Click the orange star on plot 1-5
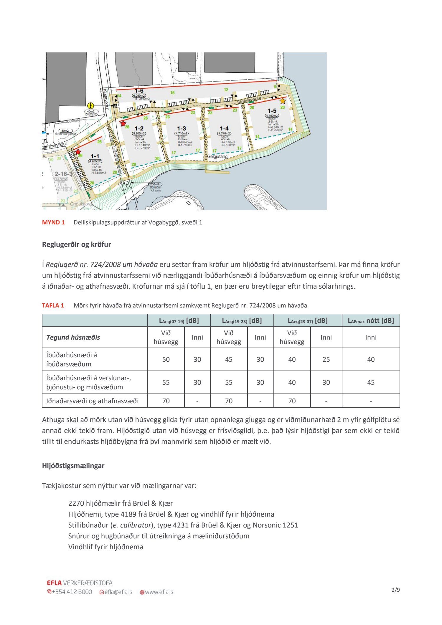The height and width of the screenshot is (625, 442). coord(283,101)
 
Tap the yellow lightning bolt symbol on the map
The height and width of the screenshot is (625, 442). coord(91,106)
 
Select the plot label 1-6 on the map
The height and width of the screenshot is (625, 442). coord(139,91)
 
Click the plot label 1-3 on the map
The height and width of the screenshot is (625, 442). coord(182,128)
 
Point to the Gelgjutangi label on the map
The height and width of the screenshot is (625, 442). coord(218,157)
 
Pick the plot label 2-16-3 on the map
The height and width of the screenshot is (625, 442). coord(63,174)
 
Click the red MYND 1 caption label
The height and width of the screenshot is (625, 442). coord(53,222)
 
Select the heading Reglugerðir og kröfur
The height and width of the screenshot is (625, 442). coord(76,244)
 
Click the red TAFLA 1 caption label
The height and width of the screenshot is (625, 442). coord(53,305)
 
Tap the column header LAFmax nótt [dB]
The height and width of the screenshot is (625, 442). coord(371,320)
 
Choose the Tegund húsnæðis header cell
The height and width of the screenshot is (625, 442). coord(73,337)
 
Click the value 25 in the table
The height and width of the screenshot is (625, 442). coord(326,359)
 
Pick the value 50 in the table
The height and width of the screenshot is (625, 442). coord(166,359)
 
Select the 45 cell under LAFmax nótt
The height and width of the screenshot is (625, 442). coord(371,382)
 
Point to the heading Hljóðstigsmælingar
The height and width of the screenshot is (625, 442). coord(73,466)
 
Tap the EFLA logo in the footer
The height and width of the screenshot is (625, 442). coord(54,583)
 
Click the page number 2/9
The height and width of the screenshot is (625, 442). coord(395,590)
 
